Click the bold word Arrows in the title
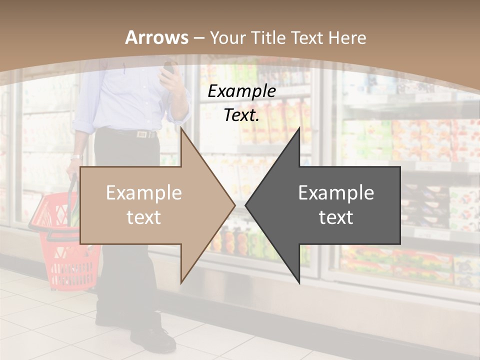tap(157, 37)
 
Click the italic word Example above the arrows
tap(241, 91)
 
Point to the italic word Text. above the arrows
tap(241, 115)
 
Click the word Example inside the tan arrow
tap(144, 192)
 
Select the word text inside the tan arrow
tap(144, 217)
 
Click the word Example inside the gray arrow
tap(336, 192)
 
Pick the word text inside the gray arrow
tap(336, 217)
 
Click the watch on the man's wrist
tap(75, 157)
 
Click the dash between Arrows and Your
tap(199, 38)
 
